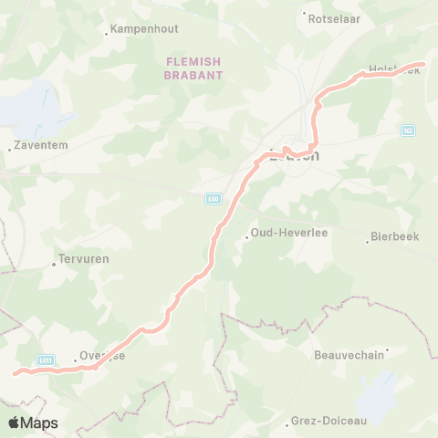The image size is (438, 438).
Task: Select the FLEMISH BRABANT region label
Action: (193, 68)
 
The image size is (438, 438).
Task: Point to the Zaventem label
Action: (40, 145)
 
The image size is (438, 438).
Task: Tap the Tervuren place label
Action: (84, 259)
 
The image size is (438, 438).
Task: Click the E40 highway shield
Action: (212, 198)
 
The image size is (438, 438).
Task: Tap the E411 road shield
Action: (46, 360)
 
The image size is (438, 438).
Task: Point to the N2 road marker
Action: (408, 130)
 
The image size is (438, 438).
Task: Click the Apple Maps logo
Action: (33, 422)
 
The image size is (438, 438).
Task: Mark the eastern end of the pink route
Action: (423, 65)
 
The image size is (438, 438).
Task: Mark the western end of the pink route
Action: (14, 372)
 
